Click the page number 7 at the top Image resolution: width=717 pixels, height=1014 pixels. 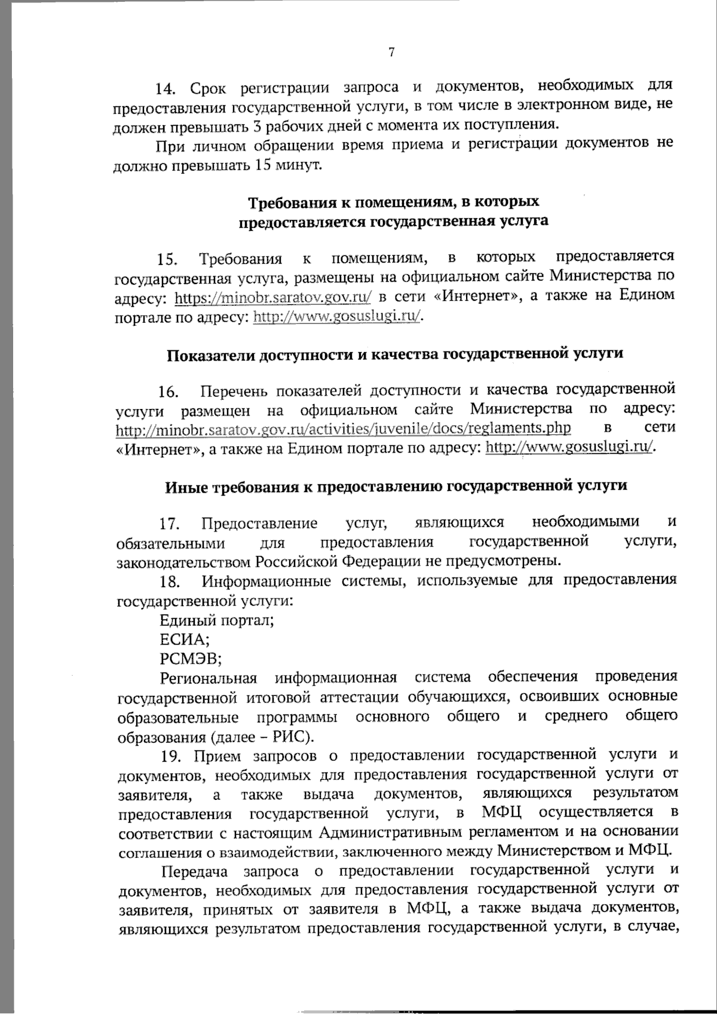click(x=391, y=53)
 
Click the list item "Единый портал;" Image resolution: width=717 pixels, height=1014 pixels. click(x=217, y=620)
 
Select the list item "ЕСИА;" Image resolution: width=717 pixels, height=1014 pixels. click(x=184, y=640)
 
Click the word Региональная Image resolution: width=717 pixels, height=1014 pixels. click(x=209, y=679)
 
